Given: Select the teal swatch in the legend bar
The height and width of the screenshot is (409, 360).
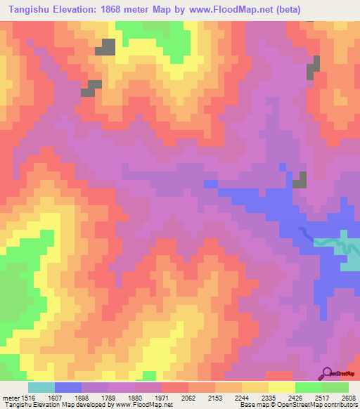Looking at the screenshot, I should click(41, 387).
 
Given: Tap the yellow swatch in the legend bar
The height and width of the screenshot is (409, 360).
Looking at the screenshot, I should click(282, 387).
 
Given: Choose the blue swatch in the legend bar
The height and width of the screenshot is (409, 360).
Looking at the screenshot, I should click(68, 387).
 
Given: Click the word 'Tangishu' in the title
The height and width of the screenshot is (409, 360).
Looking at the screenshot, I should click(31, 10).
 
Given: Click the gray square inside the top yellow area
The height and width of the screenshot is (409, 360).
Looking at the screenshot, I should click(107, 47).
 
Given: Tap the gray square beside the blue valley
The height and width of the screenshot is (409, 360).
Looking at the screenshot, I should click(300, 180).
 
